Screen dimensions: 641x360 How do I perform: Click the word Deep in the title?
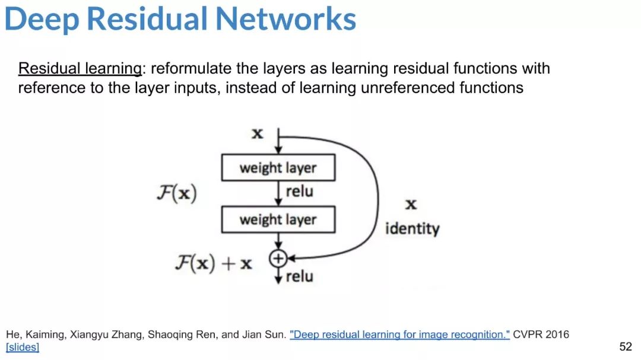point(42,19)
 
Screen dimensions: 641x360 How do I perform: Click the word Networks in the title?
point(285,19)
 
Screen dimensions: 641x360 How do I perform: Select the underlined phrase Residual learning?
point(80,69)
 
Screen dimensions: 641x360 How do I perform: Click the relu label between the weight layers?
point(299,192)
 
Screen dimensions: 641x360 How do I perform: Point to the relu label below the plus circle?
point(299,276)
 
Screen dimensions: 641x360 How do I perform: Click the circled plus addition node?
point(278,258)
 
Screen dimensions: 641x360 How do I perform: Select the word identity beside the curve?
point(412,228)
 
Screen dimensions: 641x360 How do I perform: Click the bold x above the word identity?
point(411,204)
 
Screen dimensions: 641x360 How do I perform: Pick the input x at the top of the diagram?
point(257,133)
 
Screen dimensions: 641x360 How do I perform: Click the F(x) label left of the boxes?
point(177,193)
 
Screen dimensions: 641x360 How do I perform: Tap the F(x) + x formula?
point(214,263)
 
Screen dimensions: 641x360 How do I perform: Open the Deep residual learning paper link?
point(400,334)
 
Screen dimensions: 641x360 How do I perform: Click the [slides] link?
point(23,348)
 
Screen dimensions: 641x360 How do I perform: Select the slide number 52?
point(626,347)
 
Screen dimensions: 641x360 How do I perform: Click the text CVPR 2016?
point(541,334)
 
